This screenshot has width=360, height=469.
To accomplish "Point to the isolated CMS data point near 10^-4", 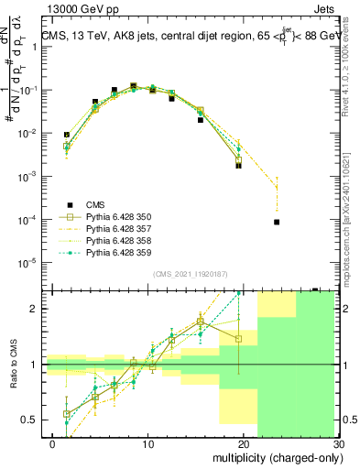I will click(x=277, y=222).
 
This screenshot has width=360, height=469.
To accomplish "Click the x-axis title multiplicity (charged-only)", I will click(x=274, y=457).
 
